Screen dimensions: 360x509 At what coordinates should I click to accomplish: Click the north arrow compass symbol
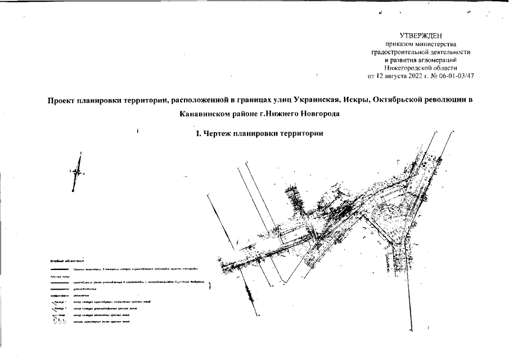coord(78,173)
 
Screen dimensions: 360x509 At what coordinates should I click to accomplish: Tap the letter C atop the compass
coord(81,153)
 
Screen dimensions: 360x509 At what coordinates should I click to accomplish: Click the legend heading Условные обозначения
coord(64,262)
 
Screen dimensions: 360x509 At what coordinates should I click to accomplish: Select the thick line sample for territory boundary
coord(59,269)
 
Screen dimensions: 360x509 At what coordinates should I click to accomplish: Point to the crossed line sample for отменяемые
coord(59,295)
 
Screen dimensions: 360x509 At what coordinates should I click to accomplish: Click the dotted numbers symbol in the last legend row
coord(59,321)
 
